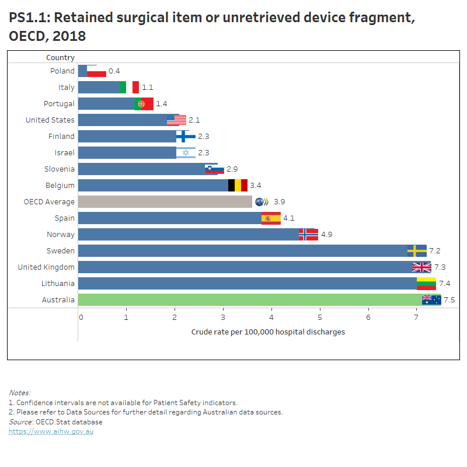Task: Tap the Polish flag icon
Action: click(97, 71)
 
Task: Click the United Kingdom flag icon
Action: click(421, 267)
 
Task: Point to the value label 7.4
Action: click(444, 283)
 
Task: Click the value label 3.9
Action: click(279, 201)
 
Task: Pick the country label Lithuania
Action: click(58, 283)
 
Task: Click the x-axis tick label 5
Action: click(320, 317)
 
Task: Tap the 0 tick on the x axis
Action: click(81, 317)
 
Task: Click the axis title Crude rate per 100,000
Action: click(268, 332)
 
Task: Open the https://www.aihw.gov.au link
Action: click(51, 431)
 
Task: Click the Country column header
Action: click(60, 57)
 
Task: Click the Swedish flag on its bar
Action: click(417, 250)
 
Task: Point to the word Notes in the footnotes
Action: click(19, 392)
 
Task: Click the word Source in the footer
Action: click(20, 421)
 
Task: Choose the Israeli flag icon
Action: click(186, 152)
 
